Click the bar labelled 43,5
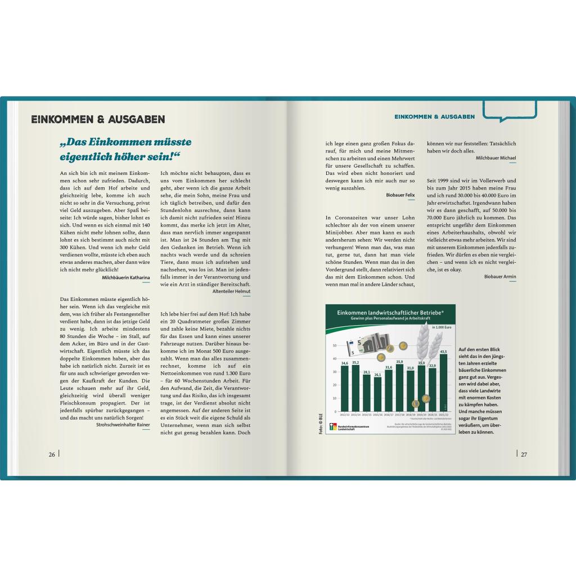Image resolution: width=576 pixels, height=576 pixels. click(x=443, y=382)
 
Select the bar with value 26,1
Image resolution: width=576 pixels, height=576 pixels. click(x=378, y=393)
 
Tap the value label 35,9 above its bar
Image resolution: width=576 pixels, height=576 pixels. click(x=399, y=362)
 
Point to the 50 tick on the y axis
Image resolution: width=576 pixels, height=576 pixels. click(x=335, y=346)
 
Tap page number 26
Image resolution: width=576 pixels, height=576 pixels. click(x=52, y=454)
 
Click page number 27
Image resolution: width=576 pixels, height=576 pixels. click(x=523, y=454)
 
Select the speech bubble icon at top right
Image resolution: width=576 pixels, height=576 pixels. click(x=510, y=110)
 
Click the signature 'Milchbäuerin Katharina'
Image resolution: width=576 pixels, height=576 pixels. click(x=125, y=277)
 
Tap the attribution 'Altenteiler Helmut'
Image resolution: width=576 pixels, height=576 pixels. click(x=231, y=291)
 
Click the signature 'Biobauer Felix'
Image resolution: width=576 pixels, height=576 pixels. click(x=400, y=195)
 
